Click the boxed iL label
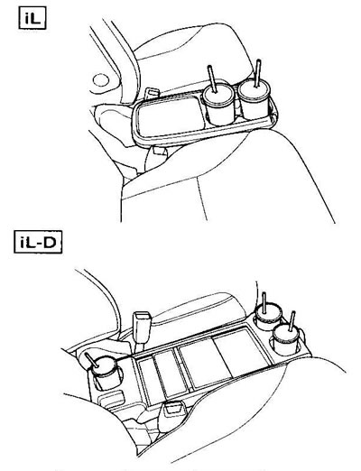[32, 19]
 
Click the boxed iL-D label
[38, 242]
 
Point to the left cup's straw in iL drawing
[212, 78]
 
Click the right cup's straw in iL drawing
[257, 73]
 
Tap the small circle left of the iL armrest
[100, 80]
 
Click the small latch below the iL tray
[160, 152]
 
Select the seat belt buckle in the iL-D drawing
[142, 327]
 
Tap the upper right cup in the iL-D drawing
[268, 315]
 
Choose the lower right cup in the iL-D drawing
[287, 339]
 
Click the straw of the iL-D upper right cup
[264, 302]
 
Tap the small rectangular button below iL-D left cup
[112, 400]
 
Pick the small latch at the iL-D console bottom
[173, 409]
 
